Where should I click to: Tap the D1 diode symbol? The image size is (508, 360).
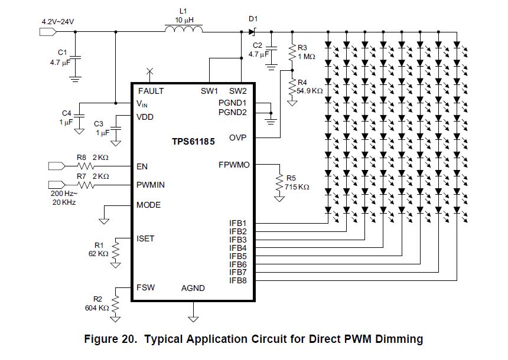tap(252, 31)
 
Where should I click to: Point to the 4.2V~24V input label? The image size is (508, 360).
tap(58, 22)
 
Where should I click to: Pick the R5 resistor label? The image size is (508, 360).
tap(292, 178)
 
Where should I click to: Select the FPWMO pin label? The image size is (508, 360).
tap(234, 165)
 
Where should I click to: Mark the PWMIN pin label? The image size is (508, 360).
tap(151, 185)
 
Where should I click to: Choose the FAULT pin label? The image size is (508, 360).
tap(151, 91)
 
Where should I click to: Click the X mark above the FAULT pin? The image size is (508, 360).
tap(149, 71)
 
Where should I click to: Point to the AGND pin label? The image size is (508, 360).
tap(193, 288)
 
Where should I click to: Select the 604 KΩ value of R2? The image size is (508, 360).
tap(97, 307)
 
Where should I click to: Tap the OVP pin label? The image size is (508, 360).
tap(237, 138)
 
